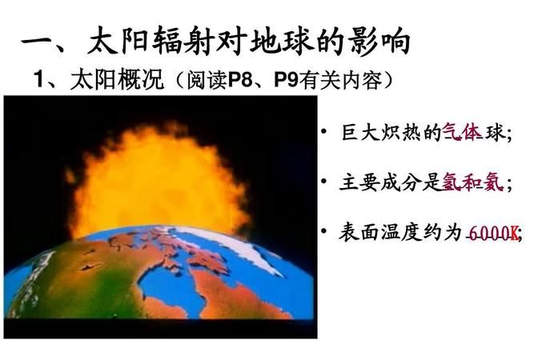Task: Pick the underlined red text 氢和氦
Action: click(472, 183)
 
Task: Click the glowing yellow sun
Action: click(160, 180)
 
